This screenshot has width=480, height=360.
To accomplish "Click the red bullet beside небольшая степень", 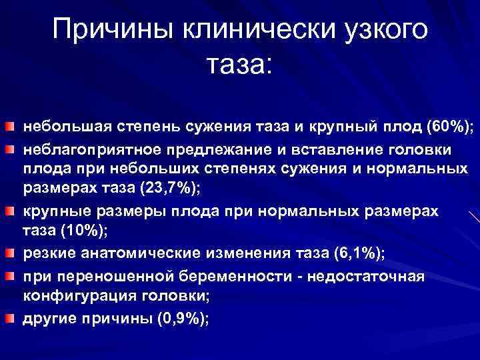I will click(10, 126).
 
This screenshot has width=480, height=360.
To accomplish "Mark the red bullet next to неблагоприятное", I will click(10, 147).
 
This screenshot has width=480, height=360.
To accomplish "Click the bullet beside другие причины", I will click(10, 318).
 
